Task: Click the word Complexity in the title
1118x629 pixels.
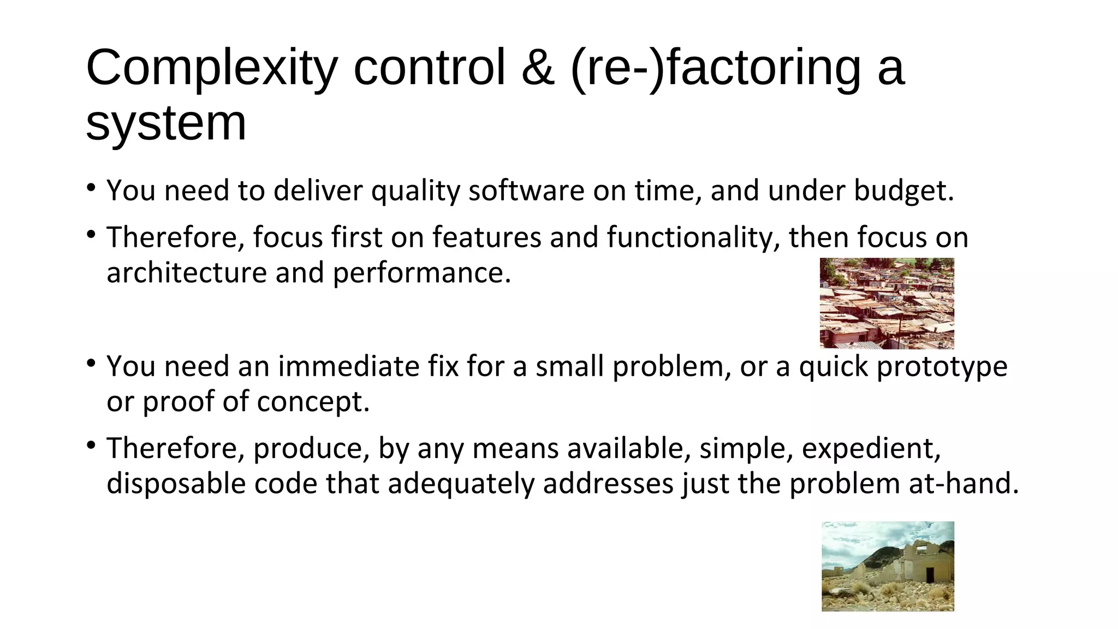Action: point(212,68)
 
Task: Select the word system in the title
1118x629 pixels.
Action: point(166,123)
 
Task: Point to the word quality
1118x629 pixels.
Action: point(415,191)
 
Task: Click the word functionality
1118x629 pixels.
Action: point(693,238)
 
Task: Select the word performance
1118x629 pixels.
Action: point(421,273)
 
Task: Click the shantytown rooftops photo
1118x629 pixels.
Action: point(887,303)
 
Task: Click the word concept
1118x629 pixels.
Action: point(313,402)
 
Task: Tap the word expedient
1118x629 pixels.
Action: point(871,449)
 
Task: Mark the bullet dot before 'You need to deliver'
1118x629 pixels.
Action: point(91,189)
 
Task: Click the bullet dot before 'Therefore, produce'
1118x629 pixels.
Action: point(91,446)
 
